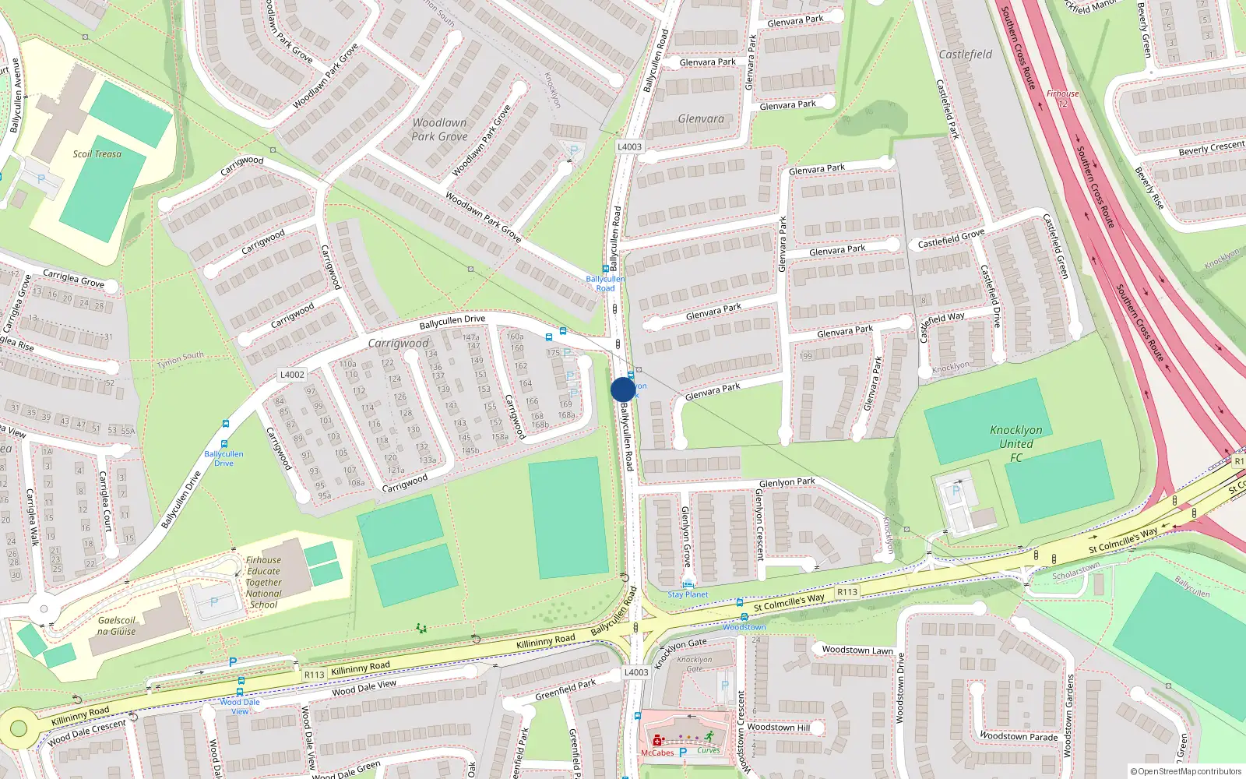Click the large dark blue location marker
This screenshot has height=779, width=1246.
623,389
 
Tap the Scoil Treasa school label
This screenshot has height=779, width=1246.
97,154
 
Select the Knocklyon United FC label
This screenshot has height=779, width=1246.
1015,443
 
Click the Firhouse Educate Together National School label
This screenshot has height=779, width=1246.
263,582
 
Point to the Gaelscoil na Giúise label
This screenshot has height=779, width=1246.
117,626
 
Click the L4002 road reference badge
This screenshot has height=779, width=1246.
292,375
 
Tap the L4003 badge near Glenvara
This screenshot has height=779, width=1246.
629,146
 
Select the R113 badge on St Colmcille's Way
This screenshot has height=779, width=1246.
847,592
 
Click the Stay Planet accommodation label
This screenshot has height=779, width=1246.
688,594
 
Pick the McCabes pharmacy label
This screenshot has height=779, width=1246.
657,753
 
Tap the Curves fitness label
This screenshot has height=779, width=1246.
709,751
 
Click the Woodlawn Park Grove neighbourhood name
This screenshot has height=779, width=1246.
439,129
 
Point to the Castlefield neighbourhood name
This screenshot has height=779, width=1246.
966,55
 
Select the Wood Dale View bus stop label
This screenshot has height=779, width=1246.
240,707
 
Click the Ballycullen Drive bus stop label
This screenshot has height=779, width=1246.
224,458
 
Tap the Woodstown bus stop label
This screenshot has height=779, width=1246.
744,627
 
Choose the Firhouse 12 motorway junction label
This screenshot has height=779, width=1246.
1063,98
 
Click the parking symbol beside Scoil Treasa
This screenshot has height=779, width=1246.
41,179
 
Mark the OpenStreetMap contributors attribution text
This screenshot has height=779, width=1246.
1185,771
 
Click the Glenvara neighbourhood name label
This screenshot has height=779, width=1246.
701,119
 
